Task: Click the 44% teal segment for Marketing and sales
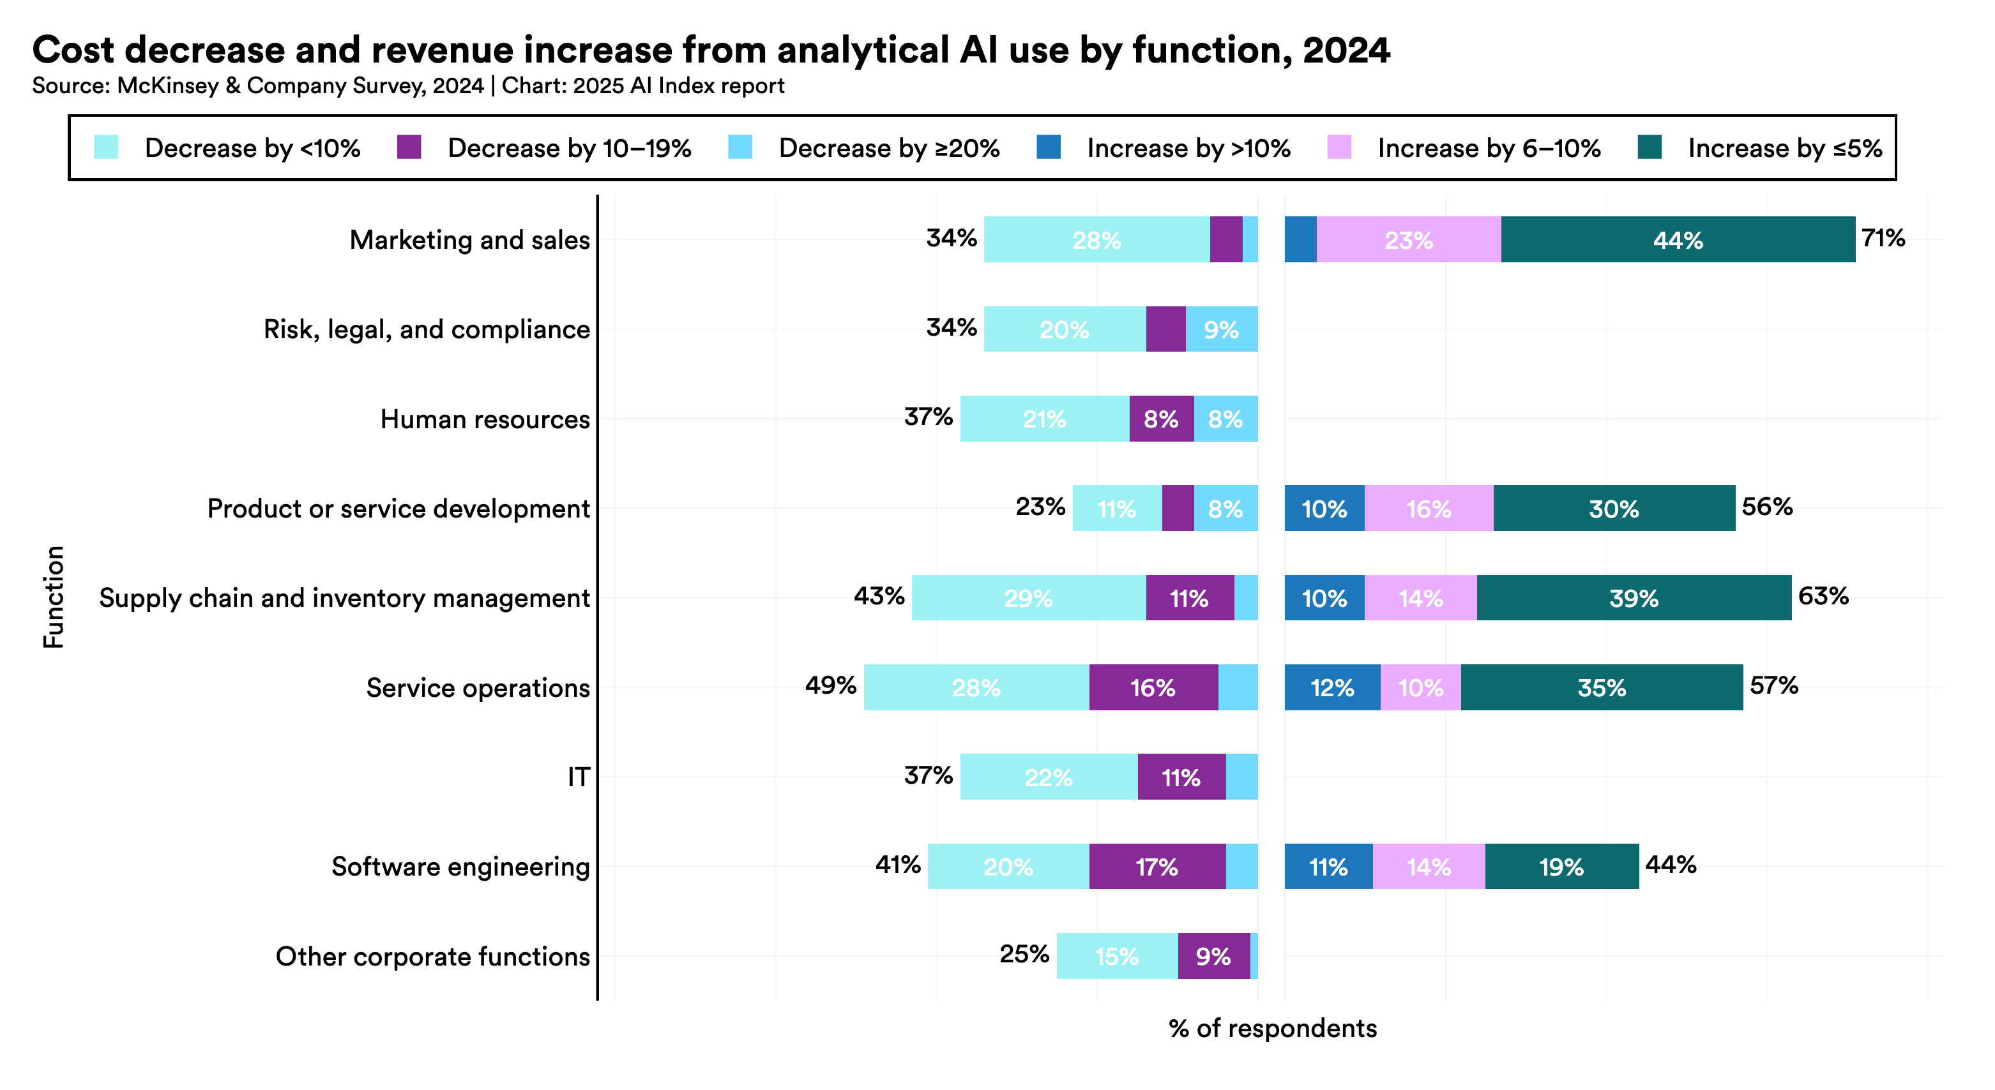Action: (1678, 240)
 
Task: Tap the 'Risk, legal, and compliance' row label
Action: (426, 329)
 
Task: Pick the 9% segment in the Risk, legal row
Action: (1221, 330)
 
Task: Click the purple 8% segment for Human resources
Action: (1161, 419)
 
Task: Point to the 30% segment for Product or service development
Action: (1613, 509)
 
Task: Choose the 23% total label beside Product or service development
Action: (1040, 507)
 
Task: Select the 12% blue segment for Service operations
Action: (1332, 687)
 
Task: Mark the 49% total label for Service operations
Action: (830, 685)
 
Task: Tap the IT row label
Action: (579, 777)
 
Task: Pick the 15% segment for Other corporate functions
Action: (1116, 956)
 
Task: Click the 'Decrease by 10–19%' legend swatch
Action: (409, 147)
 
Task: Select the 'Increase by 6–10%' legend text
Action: (1489, 148)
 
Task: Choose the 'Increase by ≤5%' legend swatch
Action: (1650, 147)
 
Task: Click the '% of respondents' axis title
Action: (1273, 1028)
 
